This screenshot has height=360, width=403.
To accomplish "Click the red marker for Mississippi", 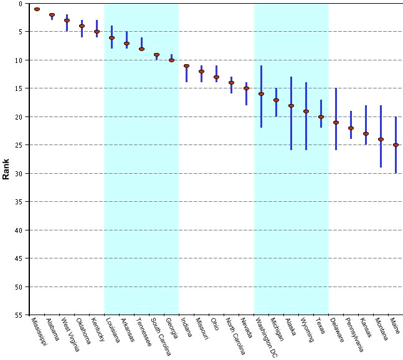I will (x=37, y=9).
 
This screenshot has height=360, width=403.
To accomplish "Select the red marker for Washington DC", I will (x=261, y=94).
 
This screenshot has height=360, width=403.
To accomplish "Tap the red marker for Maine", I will (x=396, y=145).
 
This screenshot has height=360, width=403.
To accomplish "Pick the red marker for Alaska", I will (x=291, y=106).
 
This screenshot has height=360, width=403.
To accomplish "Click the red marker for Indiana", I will (x=186, y=66).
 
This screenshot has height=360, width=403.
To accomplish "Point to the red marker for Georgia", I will (x=171, y=60).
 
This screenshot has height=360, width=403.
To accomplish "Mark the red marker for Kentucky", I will (x=97, y=32).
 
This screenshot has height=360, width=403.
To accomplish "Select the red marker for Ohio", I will (x=216, y=77).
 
